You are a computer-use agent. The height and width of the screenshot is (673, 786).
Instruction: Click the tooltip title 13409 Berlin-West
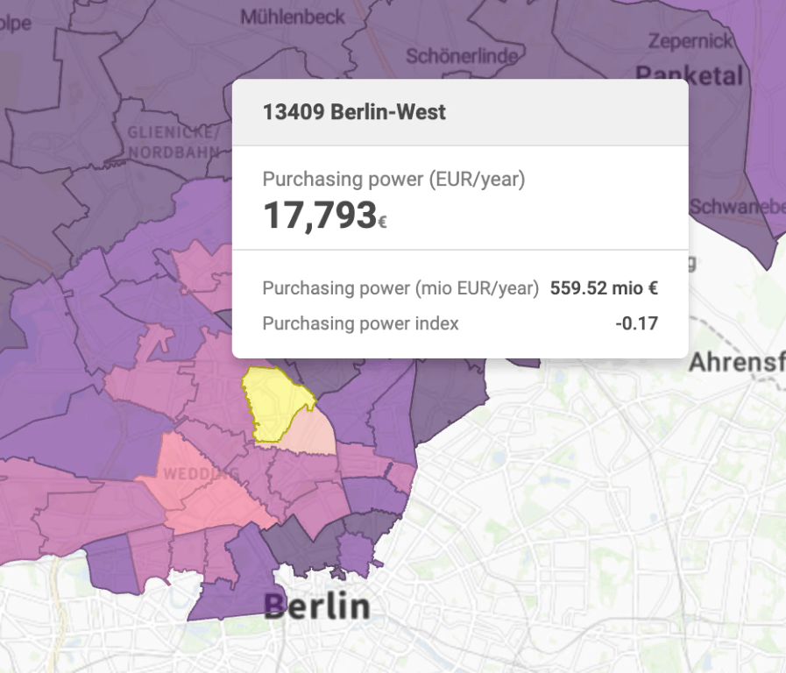(354, 112)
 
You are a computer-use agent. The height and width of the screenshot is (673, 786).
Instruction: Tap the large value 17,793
(320, 216)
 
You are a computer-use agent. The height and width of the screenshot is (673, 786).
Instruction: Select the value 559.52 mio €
(604, 288)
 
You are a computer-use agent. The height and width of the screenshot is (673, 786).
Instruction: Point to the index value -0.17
(636, 323)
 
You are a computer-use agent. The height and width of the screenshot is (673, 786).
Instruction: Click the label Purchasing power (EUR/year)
(393, 180)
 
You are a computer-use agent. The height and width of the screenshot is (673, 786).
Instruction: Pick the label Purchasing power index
(360, 323)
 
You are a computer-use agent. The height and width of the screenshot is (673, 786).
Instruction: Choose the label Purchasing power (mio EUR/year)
(400, 288)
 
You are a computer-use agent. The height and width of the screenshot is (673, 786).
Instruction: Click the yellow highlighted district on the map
(276, 401)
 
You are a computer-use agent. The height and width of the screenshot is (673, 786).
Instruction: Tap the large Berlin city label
(316, 606)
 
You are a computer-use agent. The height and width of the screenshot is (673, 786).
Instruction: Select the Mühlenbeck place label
(293, 17)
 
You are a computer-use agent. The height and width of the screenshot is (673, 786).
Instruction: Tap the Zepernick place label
(690, 40)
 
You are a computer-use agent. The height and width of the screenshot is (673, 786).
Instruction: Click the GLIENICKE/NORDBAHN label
(173, 142)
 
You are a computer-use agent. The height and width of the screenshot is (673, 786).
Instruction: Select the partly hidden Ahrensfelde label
(736, 361)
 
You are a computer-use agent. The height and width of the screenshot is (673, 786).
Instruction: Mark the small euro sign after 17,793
(382, 223)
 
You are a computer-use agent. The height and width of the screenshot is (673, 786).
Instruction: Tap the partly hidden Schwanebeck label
(736, 207)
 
